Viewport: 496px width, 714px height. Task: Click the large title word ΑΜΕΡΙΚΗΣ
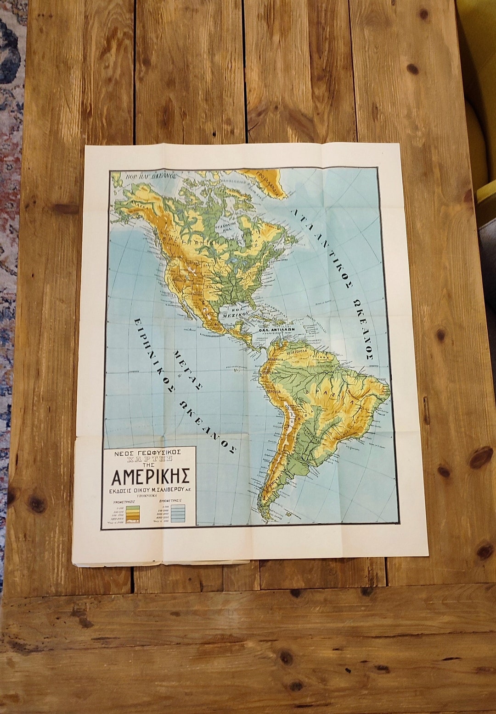(x=149, y=476)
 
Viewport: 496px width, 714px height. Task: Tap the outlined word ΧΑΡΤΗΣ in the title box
(x=149, y=458)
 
